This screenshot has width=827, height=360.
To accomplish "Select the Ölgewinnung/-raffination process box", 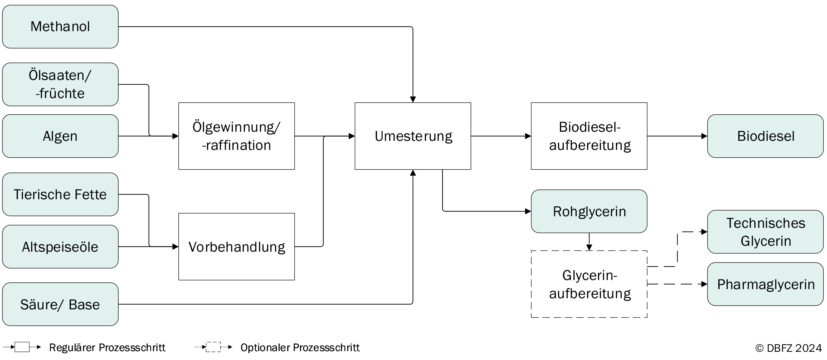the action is pos(237,136).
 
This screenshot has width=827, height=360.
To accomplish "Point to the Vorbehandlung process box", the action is pos(237,247).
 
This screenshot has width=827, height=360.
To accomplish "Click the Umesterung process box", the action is pos(413,136).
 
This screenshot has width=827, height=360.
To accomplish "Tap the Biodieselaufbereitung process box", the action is pos(589,136).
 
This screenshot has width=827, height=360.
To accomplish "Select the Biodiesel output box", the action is pos(765,136).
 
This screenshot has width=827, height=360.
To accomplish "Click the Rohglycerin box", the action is pos(589,211).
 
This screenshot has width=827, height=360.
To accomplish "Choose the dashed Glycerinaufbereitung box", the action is pos(589,284).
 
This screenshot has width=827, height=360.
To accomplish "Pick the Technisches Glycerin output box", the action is pos(765,232).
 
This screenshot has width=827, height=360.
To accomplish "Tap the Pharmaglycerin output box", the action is pos(765,284).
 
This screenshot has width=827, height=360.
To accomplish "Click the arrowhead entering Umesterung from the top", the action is pos(413,99).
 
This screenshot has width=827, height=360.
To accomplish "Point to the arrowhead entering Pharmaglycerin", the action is pos(704,284).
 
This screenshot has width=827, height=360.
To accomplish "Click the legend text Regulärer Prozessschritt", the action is pos(107,348).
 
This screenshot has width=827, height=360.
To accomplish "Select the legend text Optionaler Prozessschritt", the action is pos(300,348).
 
